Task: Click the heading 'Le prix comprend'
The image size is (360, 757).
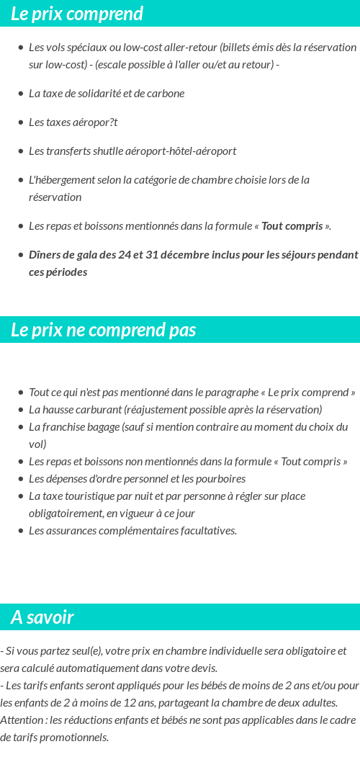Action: coord(77,14)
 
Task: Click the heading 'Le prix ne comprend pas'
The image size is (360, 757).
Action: coord(103,330)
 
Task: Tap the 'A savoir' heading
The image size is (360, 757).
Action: coord(42,617)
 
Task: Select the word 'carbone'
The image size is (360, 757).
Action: coord(166,93)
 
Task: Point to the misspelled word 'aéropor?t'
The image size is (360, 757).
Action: coord(95,122)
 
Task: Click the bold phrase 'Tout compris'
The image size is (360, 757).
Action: coord(292,225)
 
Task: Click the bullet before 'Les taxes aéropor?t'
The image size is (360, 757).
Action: coord(21,122)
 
